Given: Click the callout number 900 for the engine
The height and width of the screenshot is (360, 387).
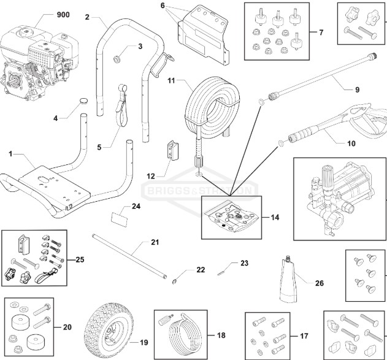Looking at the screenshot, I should (63, 14).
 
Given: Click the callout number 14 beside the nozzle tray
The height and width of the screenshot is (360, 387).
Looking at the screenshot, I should (274, 217).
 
